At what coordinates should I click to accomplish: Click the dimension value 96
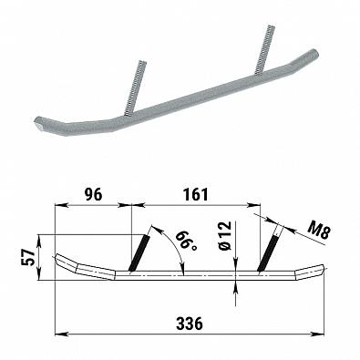point(94,194)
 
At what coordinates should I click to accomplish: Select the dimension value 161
point(196,194)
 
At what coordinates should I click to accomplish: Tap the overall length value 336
point(189,324)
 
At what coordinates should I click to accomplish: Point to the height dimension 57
point(28,257)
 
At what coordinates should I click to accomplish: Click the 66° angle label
point(186,241)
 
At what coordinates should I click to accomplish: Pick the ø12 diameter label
point(225,236)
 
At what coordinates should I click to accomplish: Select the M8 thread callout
point(318,231)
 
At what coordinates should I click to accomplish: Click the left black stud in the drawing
point(139,252)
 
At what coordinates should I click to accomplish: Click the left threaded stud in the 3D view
point(136,88)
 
